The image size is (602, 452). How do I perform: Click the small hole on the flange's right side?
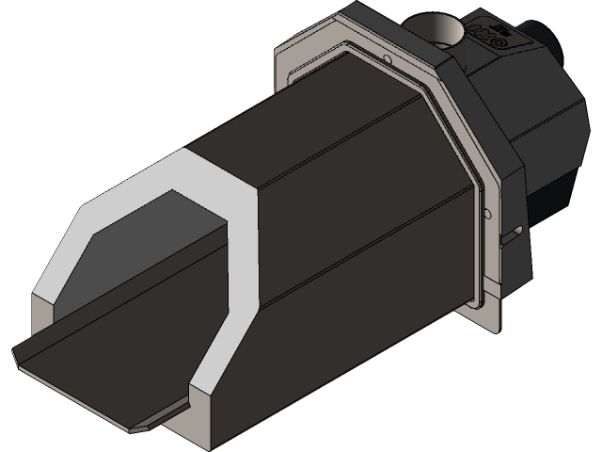click(486, 215)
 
